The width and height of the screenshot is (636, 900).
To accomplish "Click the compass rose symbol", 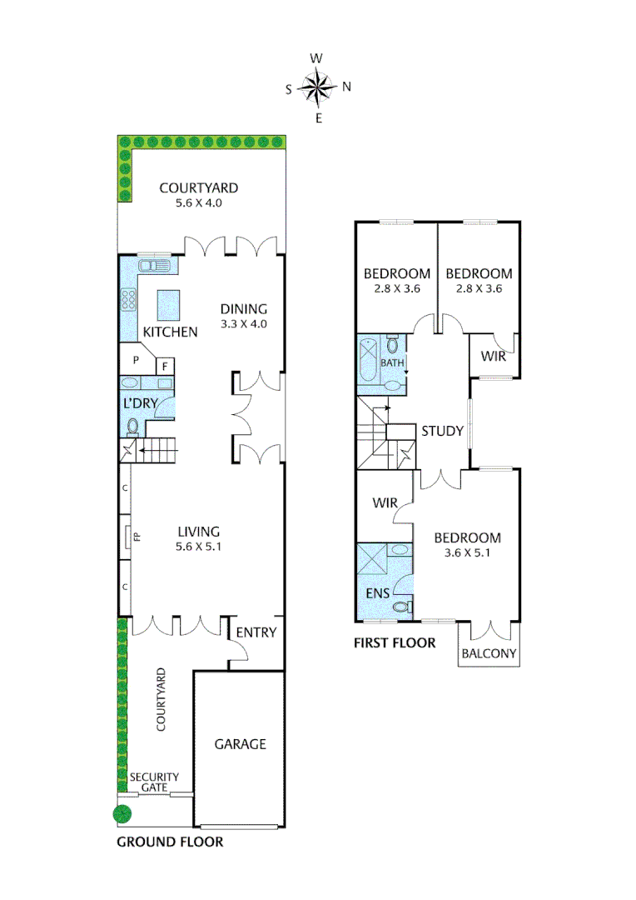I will (317, 87).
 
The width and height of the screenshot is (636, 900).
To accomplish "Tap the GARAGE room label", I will (240, 743).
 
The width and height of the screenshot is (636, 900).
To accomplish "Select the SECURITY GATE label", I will (154, 782).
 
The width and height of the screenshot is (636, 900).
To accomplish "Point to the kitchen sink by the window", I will (156, 266).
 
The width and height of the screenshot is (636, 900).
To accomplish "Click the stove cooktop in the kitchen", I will (129, 299).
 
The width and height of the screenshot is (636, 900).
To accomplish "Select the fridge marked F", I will (165, 365).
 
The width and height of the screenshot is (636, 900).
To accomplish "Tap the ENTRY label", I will (255, 632).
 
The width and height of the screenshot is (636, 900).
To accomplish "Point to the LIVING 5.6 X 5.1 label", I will (198, 538).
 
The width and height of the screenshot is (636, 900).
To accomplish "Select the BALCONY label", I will (489, 654).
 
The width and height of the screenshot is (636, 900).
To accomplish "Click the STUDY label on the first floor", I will (442, 431).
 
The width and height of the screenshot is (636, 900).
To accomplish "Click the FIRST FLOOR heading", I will (395, 642).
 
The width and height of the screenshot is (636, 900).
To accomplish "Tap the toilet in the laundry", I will (133, 427).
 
